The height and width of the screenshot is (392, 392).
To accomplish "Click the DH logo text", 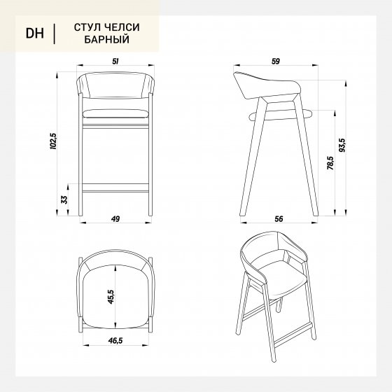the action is click(x=35, y=34).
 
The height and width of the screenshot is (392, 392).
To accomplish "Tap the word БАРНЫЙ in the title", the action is click(x=106, y=39).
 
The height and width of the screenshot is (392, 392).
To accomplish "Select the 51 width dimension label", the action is click(x=115, y=62).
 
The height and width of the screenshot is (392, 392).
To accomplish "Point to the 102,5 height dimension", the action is click(x=53, y=141).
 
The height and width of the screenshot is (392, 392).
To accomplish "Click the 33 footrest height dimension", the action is click(x=64, y=199).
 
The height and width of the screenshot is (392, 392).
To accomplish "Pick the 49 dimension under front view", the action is click(x=115, y=218).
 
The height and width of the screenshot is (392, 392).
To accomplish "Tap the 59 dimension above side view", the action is click(x=276, y=62).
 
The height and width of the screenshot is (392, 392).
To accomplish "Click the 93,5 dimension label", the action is click(x=342, y=146).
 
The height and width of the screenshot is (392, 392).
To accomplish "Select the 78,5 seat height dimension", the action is click(x=330, y=163).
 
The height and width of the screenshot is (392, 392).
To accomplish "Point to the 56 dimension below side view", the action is click(x=279, y=218).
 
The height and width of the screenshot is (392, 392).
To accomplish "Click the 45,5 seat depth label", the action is click(x=111, y=297).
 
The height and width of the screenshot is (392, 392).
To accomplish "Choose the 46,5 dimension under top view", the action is click(x=115, y=340).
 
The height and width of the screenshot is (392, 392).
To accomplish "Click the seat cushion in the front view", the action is click(x=115, y=113).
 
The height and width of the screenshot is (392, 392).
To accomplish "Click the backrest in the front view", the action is click(x=115, y=85).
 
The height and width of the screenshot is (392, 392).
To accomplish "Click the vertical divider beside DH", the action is click(x=55, y=34).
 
